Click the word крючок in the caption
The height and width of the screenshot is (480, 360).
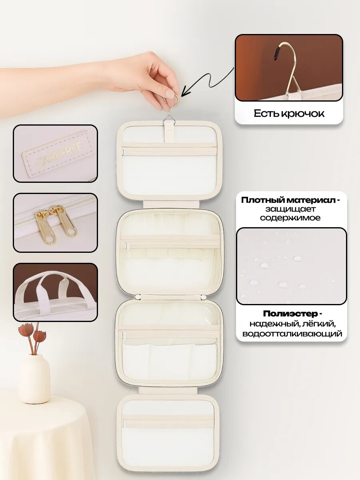pyautogui.click(x=302, y=114)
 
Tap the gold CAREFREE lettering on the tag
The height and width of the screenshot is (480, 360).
pyautogui.click(x=60, y=153)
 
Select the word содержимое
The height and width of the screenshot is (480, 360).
pyautogui.click(x=290, y=218)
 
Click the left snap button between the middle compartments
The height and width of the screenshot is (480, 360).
pyautogui.click(x=138, y=297)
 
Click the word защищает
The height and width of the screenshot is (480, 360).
pyautogui.click(x=290, y=209)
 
